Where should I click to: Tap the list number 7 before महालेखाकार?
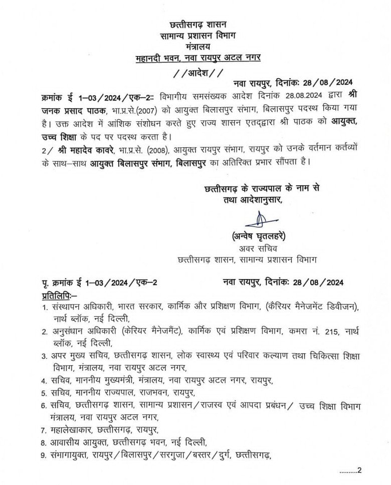[44, 430]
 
